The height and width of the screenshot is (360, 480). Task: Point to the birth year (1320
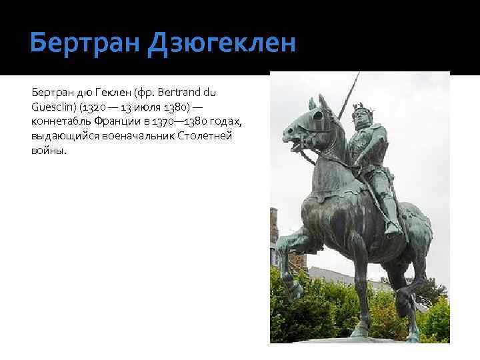click(96, 107)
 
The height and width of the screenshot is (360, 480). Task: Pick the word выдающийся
click(65, 136)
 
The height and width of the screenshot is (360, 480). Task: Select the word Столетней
click(217, 136)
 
